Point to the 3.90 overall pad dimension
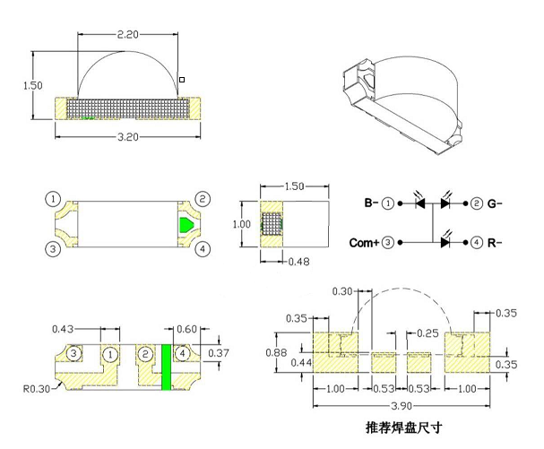tap(403, 406)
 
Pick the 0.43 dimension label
tap(64, 330)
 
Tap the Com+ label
tap(363, 242)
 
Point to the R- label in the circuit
tap(494, 242)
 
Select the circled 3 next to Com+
tap(388, 242)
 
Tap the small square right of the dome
tap(182, 80)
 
